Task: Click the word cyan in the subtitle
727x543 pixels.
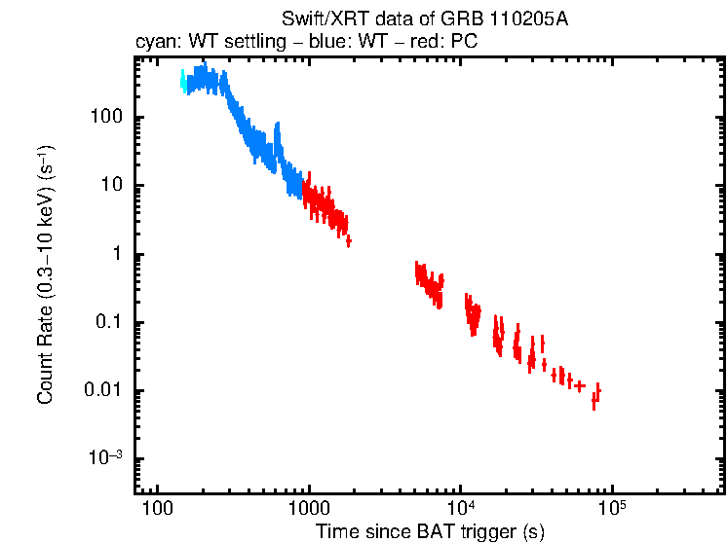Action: coord(152,42)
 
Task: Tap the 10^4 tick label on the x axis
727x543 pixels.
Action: coord(460,509)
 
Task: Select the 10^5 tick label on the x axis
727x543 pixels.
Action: coord(611,509)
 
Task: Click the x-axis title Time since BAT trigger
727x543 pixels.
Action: coord(430,531)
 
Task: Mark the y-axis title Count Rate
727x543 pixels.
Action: coord(46,274)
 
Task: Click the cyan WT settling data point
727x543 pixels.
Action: coord(183,82)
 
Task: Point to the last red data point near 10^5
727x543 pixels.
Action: coord(597,392)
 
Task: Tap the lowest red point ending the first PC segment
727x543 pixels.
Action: coord(348,240)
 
